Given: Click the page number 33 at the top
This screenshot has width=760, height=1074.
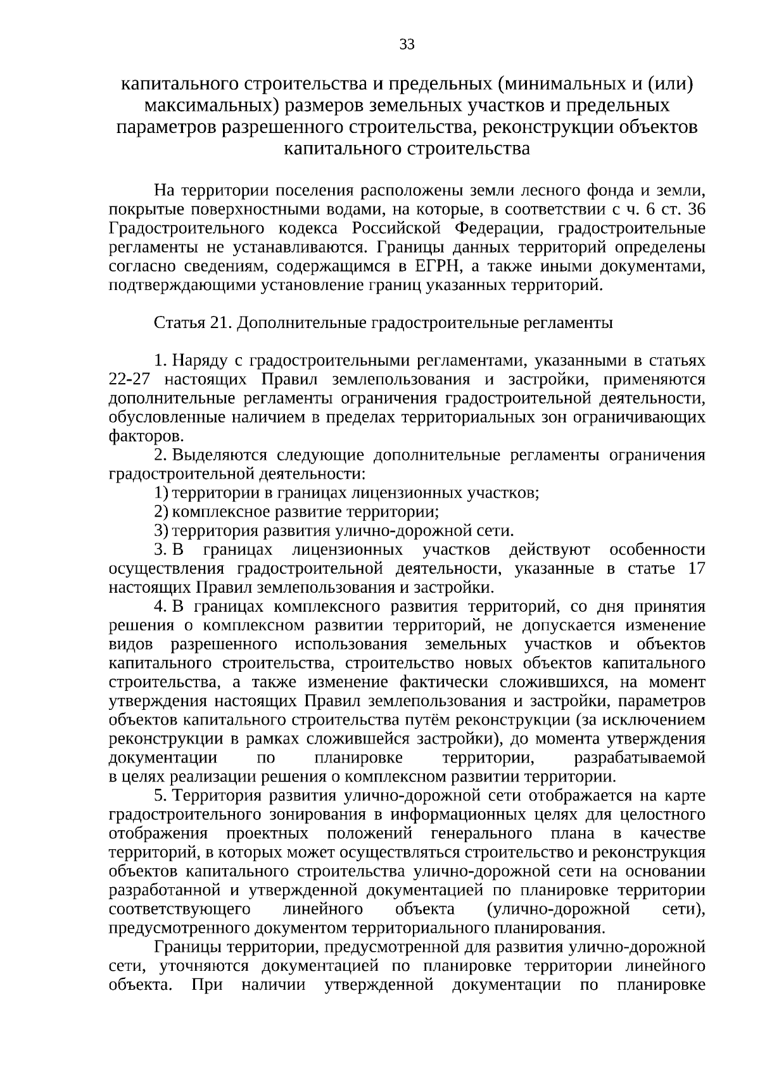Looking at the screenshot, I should (407, 44).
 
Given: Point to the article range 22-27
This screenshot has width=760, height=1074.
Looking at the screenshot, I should (130, 380).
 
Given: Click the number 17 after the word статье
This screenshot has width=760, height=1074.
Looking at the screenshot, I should (695, 569).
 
